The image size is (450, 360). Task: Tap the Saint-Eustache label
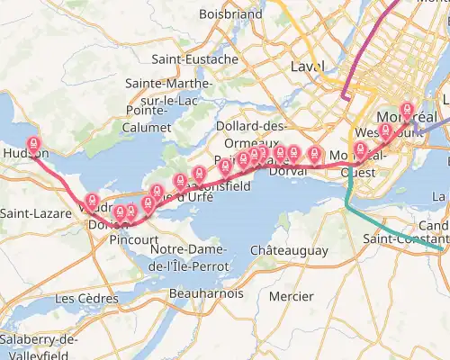(195, 59)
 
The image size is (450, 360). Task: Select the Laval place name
(308, 67)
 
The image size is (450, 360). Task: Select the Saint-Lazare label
(30, 213)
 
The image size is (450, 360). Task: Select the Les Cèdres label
(86, 298)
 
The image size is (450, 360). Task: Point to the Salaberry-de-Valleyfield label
(39, 346)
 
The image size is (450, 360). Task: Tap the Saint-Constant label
(404, 239)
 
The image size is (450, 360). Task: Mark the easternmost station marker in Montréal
(407, 109)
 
